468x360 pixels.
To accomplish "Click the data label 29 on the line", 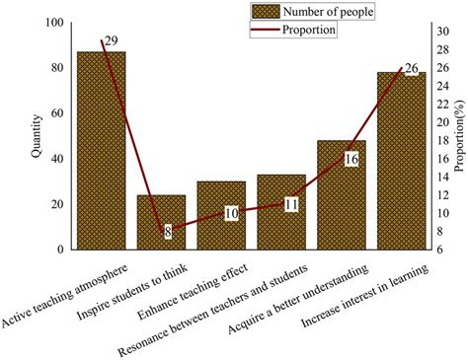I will tap(111, 39).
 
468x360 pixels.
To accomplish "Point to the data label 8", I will tap(168, 232).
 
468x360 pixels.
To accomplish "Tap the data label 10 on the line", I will tap(230, 213).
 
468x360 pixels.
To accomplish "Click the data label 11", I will tap(290, 204).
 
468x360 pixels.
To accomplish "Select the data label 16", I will tap(351, 158).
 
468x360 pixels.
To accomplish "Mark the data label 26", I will tap(411, 68).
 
